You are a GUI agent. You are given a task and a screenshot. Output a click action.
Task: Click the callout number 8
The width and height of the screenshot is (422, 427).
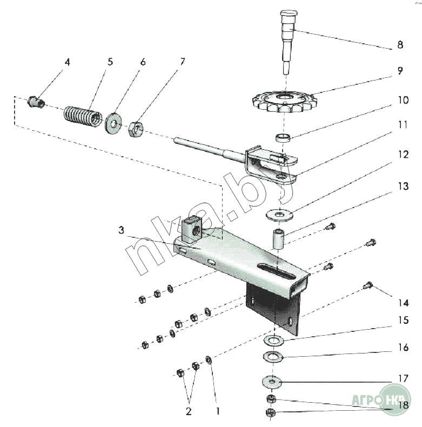pos(400,45)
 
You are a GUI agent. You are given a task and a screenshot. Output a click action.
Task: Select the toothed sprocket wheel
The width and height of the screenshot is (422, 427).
pos(285,102)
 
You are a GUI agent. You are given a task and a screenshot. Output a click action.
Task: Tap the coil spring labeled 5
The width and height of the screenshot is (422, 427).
pos(83,117)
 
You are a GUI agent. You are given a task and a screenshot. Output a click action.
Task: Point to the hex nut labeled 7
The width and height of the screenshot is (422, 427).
pos(136,129)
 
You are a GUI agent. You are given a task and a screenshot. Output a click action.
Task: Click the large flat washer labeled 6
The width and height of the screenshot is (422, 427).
pos(113,124)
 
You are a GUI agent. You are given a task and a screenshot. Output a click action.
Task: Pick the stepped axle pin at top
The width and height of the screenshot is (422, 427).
pos(288,42)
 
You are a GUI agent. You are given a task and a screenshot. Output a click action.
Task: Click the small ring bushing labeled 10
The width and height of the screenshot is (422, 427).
pos(283,137)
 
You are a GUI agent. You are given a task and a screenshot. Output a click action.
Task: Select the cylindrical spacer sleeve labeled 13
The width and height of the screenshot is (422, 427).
pos(278,239)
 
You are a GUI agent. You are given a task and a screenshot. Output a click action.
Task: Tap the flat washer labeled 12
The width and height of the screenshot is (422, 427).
pos(279,215)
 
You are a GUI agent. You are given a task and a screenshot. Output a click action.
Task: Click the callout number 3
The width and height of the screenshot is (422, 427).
pos(122,230)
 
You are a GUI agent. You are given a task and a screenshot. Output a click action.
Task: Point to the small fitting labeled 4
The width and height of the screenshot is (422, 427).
pos(36,102)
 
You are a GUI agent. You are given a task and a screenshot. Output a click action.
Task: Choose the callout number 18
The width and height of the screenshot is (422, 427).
pos(403,405)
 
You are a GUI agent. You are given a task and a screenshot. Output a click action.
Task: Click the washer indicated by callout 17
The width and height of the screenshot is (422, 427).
pos(272,382)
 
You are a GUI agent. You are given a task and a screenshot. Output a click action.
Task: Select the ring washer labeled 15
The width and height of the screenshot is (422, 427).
pos(273,340)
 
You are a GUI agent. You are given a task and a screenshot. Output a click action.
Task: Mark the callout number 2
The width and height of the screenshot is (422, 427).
pos(189,411)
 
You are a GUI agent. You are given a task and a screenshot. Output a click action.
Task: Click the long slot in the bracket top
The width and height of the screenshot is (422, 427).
pos(277,271)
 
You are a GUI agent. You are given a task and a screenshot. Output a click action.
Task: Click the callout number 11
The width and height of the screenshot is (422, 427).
pos(403,125)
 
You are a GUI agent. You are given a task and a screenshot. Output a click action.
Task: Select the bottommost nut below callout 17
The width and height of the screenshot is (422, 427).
pos(270,412)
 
